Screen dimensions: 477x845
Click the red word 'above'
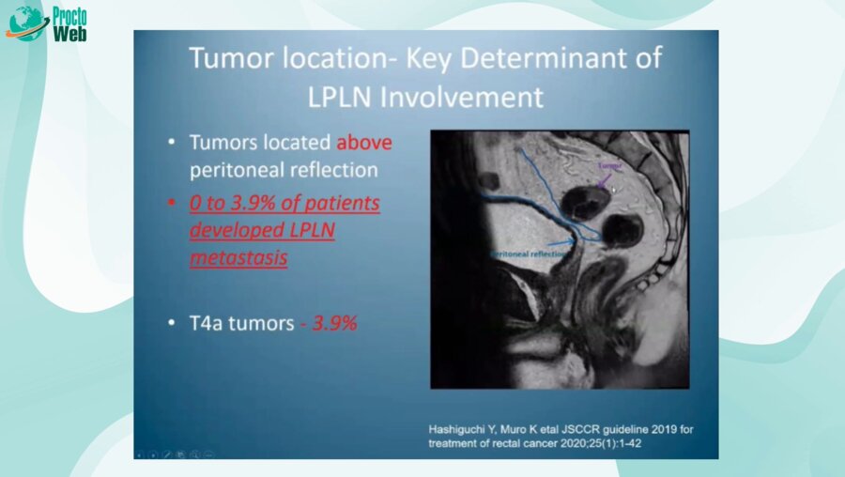(363, 143)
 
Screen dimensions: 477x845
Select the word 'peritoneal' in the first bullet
(236, 171)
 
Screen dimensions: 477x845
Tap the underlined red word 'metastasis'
(238, 256)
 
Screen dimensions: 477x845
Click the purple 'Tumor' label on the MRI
(610, 164)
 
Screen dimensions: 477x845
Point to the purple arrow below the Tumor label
(603, 178)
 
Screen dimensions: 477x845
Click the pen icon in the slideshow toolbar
(166, 454)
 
